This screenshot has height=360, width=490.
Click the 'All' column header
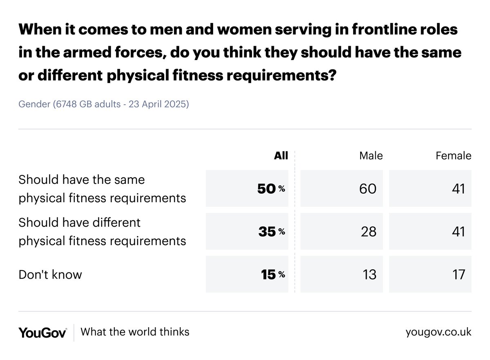281,156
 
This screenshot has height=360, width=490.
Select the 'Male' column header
371,156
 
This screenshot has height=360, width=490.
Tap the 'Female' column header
453,156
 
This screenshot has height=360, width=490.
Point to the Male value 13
369,275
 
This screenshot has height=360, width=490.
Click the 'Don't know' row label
50,275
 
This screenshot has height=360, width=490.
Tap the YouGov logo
42,332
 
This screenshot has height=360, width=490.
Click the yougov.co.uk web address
438,332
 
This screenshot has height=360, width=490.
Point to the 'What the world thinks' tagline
135,331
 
